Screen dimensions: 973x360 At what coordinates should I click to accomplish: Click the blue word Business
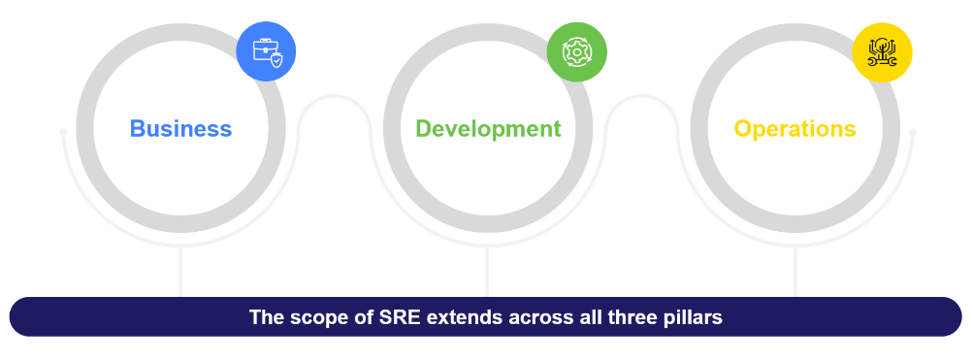point(180,129)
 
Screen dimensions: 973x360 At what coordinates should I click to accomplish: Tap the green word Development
point(488,129)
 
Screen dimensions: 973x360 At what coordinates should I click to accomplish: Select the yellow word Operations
point(795,129)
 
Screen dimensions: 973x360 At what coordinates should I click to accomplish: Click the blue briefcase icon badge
point(266,51)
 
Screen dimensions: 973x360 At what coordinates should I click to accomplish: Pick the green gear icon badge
point(576,52)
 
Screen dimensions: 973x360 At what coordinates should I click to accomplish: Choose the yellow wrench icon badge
point(882,52)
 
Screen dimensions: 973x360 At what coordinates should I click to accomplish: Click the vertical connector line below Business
point(180,272)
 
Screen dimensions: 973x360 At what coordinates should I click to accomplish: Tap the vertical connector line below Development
point(488,272)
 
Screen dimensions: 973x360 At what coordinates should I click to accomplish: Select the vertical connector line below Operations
point(795,272)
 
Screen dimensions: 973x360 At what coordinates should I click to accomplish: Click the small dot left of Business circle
point(63,132)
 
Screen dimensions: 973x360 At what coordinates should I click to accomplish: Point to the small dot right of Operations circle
point(913,132)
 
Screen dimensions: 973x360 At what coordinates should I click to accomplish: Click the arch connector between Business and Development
point(335,97)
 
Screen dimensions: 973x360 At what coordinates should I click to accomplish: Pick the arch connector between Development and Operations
point(641,97)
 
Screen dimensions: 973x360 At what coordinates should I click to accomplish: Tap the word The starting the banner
point(267,317)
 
